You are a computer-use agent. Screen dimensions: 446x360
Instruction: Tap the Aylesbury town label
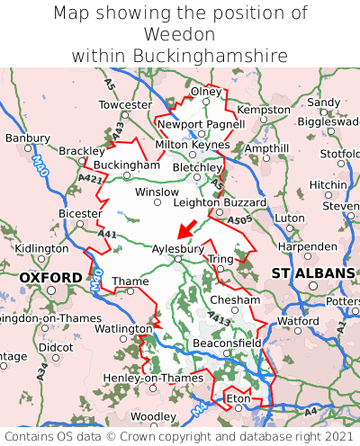(178, 248)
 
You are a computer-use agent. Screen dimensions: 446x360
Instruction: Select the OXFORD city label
(51, 278)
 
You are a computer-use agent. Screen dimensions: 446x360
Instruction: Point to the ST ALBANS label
(313, 272)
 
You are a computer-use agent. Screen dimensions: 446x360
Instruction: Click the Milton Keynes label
(192, 144)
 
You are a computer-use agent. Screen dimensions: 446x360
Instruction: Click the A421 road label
(89, 178)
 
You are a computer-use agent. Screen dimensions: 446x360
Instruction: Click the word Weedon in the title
(180, 34)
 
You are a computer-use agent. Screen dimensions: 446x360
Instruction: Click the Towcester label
(125, 105)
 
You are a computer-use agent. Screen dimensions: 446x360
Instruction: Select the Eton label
(238, 397)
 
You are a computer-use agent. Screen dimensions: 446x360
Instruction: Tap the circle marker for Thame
(130, 291)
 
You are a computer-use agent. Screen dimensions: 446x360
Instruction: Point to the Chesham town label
(235, 299)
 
